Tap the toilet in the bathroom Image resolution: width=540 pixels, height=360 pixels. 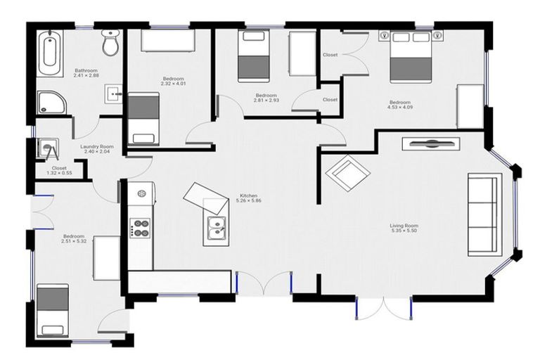point(110,44)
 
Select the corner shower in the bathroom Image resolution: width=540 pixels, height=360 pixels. point(50,103)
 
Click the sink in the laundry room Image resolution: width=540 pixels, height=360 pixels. point(48,148)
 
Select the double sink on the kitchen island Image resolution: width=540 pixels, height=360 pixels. point(217,227)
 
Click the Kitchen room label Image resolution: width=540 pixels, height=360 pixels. point(248,196)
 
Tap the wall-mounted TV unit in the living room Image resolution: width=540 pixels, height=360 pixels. point(430,143)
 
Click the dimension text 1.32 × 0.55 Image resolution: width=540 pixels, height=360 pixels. point(59,173)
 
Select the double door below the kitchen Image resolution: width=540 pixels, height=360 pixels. point(263,283)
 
